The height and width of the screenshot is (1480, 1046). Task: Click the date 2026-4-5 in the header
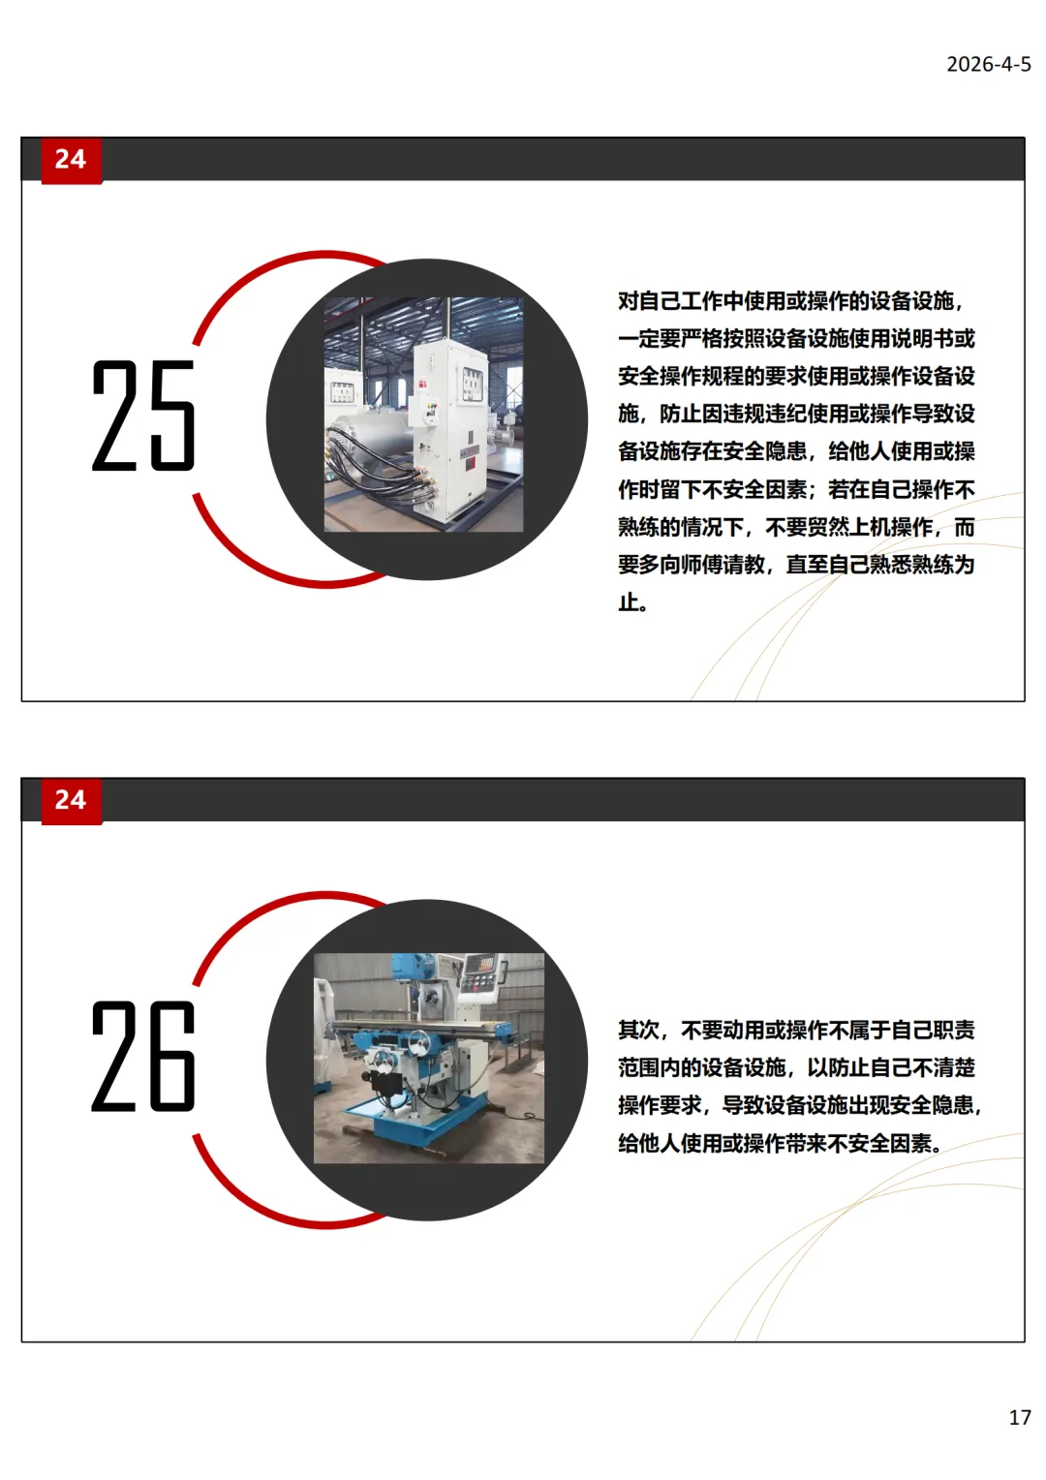988,64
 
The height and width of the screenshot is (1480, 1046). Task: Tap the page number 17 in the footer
1020,1417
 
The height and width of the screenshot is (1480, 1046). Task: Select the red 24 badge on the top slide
72,160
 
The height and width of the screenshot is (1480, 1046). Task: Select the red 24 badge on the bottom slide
72,800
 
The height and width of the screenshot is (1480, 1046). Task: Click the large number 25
143,416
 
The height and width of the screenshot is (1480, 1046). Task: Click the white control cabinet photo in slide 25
423,415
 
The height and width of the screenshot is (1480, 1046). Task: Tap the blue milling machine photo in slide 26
429,1058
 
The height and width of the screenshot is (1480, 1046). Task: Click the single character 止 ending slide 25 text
629,602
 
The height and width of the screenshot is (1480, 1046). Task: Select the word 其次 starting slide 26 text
639,1030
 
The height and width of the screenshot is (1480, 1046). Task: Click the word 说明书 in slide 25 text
922,339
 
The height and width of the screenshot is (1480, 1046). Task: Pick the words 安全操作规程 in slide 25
681,377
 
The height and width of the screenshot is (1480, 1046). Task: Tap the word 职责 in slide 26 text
953,1030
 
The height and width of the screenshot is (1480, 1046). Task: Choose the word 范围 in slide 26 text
639,1067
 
